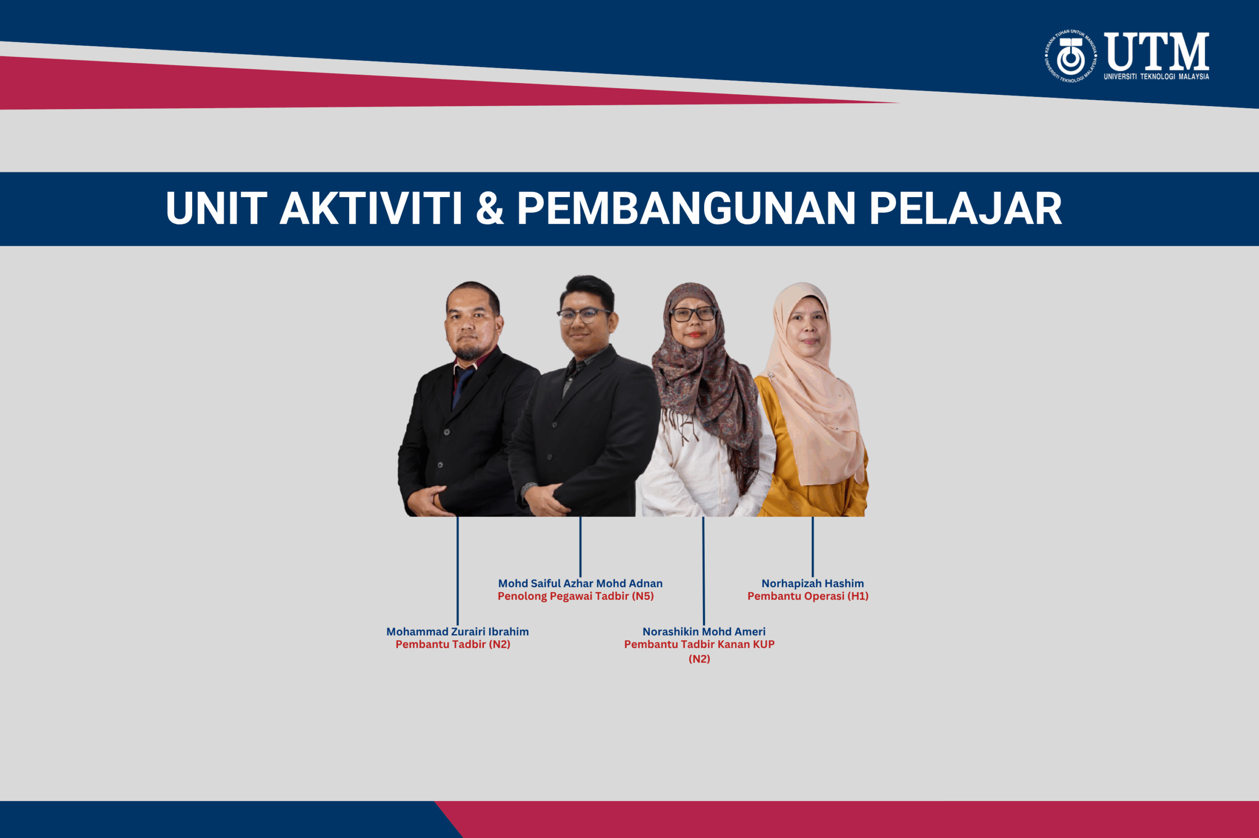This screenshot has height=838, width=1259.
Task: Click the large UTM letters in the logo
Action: (x=1156, y=51)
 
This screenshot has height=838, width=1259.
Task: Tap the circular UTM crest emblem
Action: (x=1071, y=56)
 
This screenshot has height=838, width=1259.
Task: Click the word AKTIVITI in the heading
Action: (x=370, y=208)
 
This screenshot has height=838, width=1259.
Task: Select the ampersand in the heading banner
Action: (x=490, y=208)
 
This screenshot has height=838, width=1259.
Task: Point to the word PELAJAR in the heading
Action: (x=965, y=208)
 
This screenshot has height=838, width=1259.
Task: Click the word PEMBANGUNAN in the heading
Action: (x=687, y=208)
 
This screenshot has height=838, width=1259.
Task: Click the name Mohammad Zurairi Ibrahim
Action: (x=458, y=632)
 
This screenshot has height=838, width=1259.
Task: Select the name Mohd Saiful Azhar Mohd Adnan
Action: (x=580, y=583)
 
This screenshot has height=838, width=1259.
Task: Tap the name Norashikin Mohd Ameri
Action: (x=704, y=632)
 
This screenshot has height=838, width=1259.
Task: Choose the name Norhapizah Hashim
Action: (x=812, y=583)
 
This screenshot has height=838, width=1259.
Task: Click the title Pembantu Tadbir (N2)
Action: (x=453, y=644)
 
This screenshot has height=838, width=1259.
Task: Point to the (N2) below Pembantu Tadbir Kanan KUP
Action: (x=699, y=659)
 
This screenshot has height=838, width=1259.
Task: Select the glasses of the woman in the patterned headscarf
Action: (x=693, y=314)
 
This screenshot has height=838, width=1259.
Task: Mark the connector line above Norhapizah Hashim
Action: (x=812, y=546)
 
